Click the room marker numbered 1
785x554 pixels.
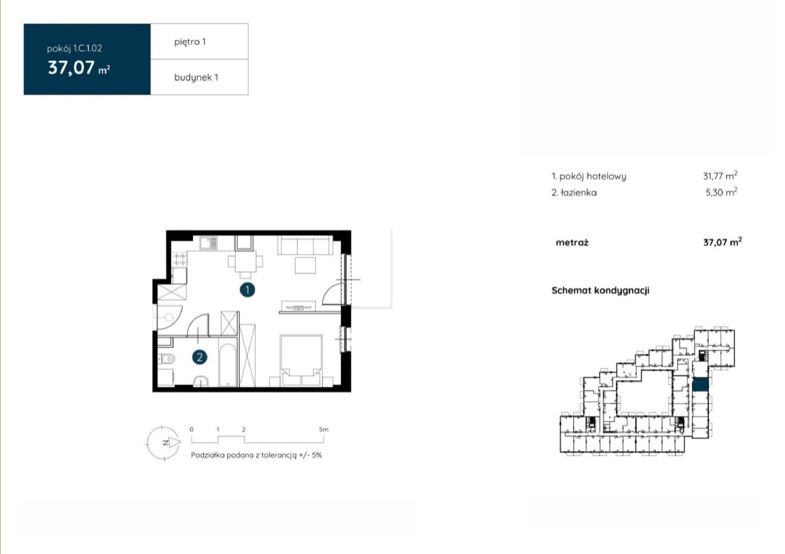click(x=247, y=290)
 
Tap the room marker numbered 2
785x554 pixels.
click(x=199, y=357)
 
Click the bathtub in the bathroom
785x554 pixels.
click(x=228, y=365)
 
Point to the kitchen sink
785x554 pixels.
click(x=208, y=243)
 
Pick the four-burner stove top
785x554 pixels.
click(x=180, y=259)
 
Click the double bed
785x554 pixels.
click(x=301, y=360)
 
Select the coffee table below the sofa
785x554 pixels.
click(x=305, y=265)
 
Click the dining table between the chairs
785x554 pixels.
click(x=245, y=262)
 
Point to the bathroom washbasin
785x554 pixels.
click(x=201, y=381)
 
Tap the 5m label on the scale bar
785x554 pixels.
click(x=323, y=429)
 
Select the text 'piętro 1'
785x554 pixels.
click(x=190, y=42)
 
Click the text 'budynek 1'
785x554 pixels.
click(x=196, y=77)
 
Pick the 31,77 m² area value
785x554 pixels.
click(x=720, y=176)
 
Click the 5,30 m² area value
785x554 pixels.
click(x=722, y=192)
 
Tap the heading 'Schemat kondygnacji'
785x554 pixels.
click(x=601, y=290)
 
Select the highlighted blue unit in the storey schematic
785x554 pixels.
click(x=700, y=384)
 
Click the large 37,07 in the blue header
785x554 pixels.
click(x=72, y=67)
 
